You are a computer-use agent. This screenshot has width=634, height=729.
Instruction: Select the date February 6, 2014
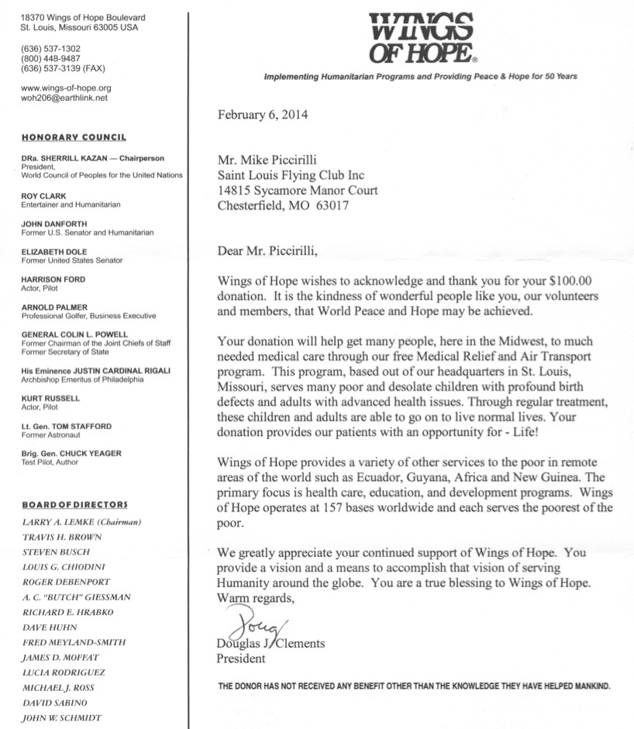click(x=262, y=116)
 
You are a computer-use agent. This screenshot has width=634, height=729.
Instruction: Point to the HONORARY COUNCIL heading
click(x=74, y=137)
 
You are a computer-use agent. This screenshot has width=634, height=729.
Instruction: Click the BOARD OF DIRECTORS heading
click(x=74, y=506)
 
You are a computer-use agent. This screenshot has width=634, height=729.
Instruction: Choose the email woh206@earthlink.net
click(x=64, y=98)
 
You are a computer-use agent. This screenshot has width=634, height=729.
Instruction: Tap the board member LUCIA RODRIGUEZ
click(x=64, y=672)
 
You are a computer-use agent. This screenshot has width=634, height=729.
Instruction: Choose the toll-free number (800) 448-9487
click(x=51, y=58)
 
